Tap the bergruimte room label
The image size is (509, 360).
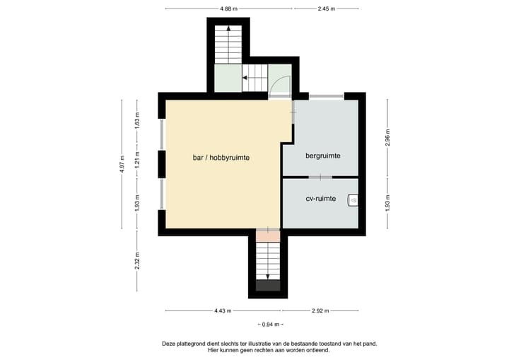(323, 155)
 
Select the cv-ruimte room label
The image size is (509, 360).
(320, 199)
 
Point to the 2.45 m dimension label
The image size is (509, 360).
(326, 8)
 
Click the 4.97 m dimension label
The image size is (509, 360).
(122, 163)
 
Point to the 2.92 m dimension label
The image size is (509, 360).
(320, 310)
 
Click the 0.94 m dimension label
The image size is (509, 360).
(268, 325)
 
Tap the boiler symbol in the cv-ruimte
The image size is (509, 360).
(353, 201)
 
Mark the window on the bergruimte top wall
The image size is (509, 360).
(326, 95)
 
